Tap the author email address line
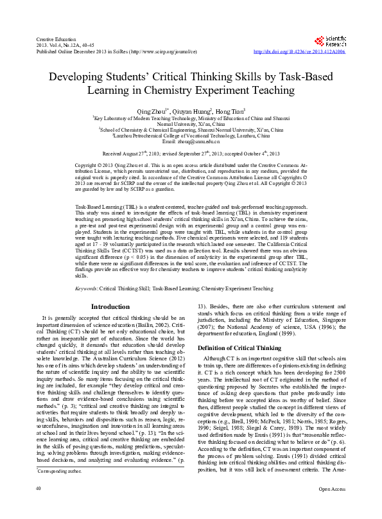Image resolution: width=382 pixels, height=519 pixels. pos(191,141)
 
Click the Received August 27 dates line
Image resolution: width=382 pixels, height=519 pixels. pos(191,154)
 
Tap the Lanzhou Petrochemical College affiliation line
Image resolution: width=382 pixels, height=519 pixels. pos(191,134)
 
